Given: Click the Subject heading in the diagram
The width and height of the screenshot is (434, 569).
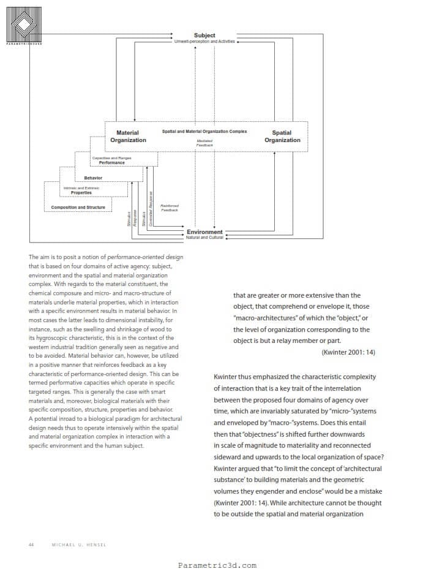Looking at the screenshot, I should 204,36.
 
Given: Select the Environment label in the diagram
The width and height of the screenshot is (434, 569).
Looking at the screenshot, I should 204,232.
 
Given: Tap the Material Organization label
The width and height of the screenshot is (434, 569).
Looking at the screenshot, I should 128,137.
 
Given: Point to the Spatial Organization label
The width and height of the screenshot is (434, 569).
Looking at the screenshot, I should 282,137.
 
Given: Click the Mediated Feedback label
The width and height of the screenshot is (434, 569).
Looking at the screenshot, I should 204,143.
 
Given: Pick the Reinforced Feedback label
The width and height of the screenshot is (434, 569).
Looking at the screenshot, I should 170,208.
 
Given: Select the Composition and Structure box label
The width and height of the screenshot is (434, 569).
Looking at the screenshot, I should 78,207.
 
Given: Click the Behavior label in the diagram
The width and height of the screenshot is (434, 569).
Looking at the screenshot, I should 93,178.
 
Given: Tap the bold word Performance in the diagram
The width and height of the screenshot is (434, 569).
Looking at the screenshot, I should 111,163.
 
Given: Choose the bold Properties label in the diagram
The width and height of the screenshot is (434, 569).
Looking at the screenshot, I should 81,192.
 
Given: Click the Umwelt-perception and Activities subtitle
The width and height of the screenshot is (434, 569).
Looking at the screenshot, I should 204,41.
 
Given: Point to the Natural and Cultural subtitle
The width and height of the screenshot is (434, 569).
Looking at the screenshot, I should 204,238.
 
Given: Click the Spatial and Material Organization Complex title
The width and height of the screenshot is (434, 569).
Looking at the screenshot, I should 204,132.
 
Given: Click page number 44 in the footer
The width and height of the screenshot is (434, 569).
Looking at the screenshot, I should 31,544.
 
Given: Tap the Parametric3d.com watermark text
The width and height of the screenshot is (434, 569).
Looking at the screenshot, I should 217,565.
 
